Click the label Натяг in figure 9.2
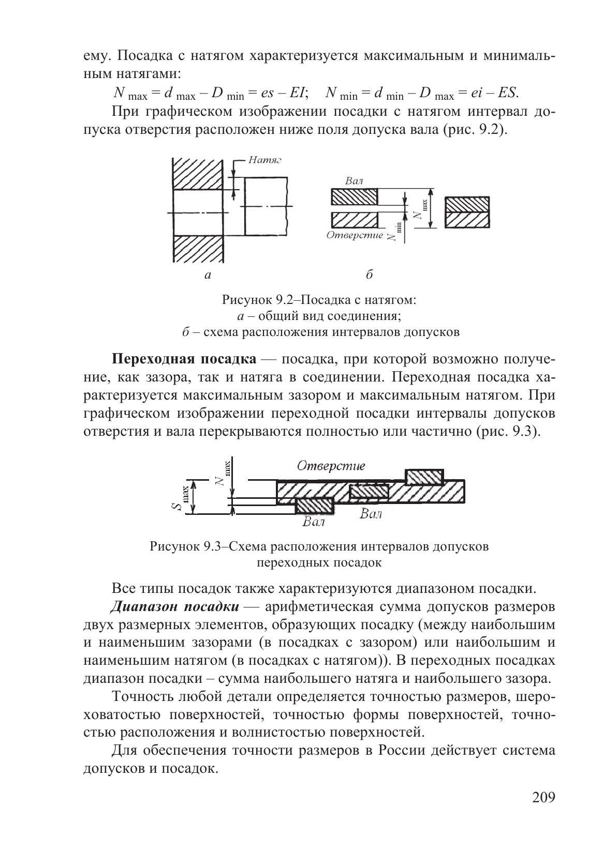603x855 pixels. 264,160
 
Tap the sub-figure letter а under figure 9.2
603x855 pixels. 208,275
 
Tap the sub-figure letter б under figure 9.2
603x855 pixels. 369,274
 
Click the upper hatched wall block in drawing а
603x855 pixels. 198,174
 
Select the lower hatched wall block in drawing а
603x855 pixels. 198,249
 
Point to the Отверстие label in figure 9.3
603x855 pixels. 331,465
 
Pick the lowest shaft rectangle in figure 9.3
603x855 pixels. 314,506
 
